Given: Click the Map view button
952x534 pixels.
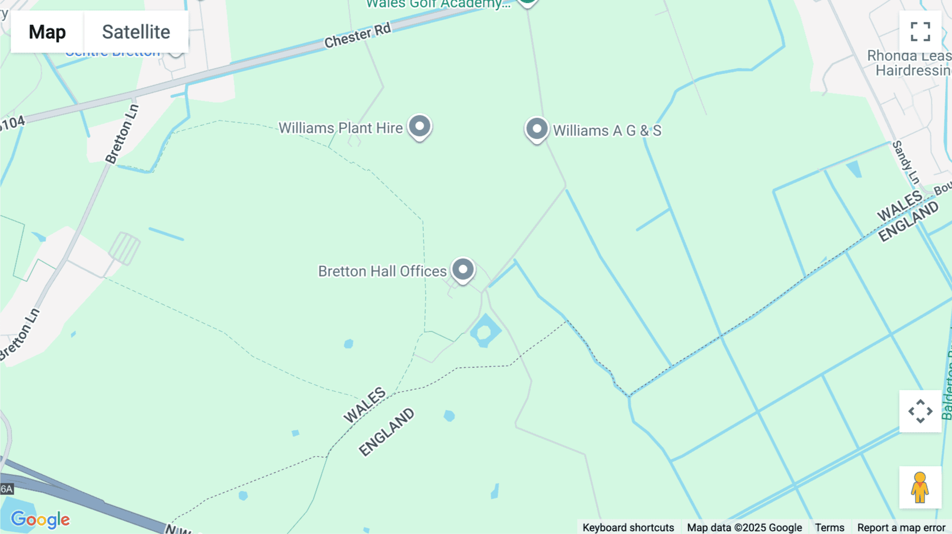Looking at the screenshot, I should (47, 32).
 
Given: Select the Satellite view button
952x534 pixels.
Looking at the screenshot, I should (136, 32).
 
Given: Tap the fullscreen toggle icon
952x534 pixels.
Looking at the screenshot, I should (920, 32).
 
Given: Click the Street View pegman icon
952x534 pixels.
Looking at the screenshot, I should (920, 487).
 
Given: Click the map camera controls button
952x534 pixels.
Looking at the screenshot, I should (920, 411).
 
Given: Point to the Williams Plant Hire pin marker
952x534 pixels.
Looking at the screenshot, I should (420, 127).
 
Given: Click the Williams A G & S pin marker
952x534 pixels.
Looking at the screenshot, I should (537, 129).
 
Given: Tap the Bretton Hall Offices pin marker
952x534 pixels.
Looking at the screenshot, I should (463, 270).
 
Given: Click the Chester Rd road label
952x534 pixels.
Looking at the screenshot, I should (358, 35).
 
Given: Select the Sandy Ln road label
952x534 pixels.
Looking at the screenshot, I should (906, 162).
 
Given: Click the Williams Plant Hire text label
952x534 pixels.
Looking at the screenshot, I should (341, 128).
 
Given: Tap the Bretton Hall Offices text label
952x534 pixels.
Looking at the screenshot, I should (382, 271).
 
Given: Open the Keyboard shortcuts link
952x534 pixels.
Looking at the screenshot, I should (628, 528).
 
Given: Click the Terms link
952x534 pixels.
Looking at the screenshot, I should (829, 528).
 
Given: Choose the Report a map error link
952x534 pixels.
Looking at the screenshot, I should (901, 528).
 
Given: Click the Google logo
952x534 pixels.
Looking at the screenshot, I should (40, 519).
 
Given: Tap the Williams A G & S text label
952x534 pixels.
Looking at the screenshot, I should (607, 131).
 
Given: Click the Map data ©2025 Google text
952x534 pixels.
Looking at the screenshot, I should (744, 528).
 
